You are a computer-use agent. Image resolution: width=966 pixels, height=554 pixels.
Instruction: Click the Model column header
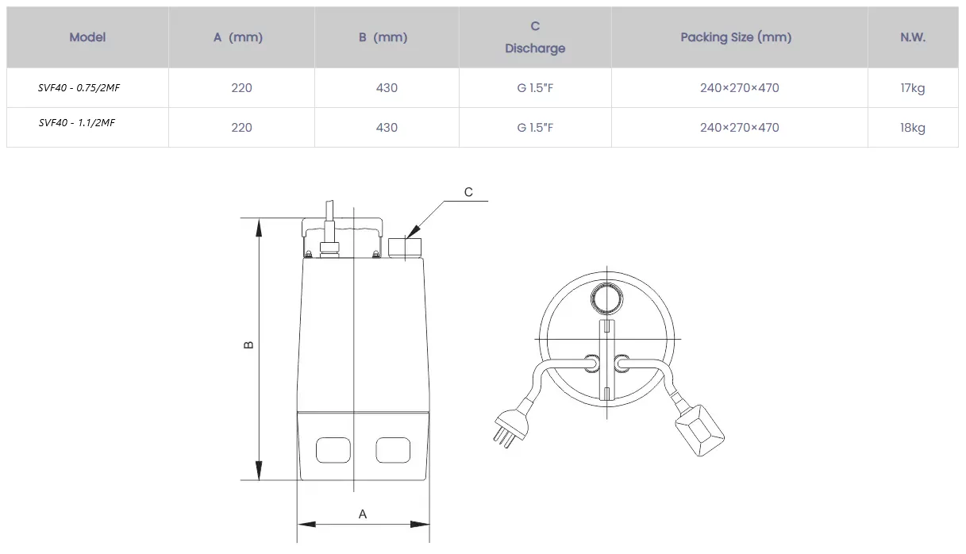pos(87,37)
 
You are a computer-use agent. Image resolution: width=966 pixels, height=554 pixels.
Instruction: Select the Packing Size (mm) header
pos(736,37)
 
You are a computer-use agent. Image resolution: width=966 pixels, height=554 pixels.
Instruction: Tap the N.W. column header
pos(913,37)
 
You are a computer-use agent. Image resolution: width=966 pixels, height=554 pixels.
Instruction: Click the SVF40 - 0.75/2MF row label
pos(79,87)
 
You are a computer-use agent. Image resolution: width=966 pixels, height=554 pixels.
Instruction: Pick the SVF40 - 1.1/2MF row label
pos(77,122)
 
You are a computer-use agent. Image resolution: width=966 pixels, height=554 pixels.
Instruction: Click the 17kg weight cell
pos(913,88)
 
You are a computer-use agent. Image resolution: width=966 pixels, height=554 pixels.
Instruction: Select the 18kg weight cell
pos(913,128)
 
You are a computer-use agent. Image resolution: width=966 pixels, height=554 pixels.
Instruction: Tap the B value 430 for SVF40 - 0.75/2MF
pos(387,88)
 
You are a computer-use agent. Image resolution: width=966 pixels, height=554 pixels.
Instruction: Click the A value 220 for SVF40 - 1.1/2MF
pos(241,128)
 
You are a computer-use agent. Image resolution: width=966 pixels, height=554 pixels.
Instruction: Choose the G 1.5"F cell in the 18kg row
pos(535,128)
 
